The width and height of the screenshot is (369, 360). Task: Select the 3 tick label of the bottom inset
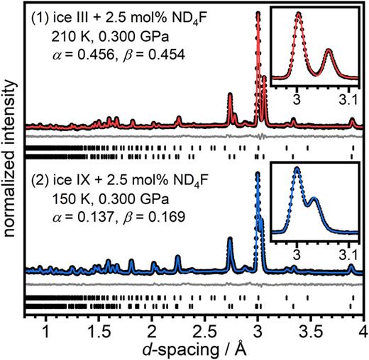click(298, 253)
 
